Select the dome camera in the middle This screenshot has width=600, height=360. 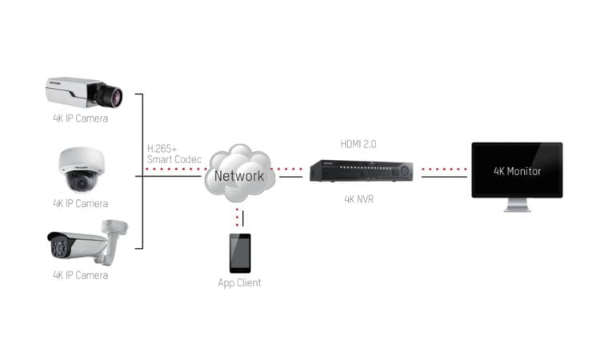[x=80, y=169]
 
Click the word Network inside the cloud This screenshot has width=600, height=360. [x=238, y=176]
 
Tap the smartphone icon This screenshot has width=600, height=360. [x=239, y=253]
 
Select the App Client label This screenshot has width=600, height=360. [x=239, y=282]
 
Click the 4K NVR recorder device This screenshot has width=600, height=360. [x=362, y=170]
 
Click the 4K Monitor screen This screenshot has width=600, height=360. [x=517, y=170]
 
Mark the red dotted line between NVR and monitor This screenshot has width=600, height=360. [x=444, y=169]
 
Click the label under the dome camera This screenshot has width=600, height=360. [x=80, y=203]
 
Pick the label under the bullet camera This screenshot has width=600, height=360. [x=80, y=275]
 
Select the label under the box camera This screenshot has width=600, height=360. [x=80, y=118]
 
